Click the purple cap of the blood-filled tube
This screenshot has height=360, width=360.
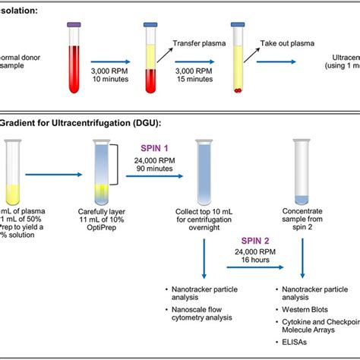pos(74,26)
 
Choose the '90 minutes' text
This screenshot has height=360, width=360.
pos(156,169)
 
